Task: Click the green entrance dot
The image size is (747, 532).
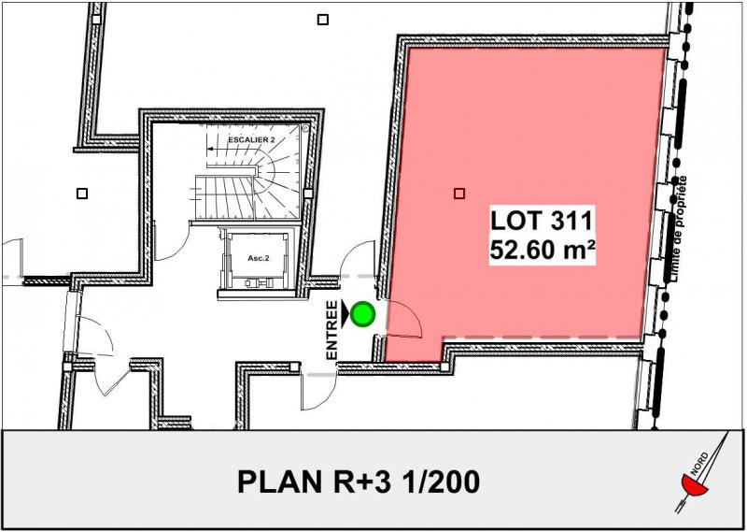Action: [x=363, y=314]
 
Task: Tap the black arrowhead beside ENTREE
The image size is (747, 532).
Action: [x=345, y=314]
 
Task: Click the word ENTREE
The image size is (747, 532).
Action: [x=332, y=330]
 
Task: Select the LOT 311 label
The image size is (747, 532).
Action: [x=542, y=222]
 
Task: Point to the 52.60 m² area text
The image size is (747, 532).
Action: [x=543, y=250]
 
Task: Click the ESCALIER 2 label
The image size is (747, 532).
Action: [x=251, y=140]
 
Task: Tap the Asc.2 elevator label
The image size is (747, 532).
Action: [x=259, y=258]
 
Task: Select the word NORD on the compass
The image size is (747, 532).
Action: [x=699, y=464]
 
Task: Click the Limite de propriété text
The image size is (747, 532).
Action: [x=679, y=228]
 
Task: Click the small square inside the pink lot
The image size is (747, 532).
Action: [x=459, y=194]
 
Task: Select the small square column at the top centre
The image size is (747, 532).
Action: [x=323, y=20]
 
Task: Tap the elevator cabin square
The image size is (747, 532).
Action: [x=258, y=260]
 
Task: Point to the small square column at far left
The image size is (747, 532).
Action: [x=82, y=194]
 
